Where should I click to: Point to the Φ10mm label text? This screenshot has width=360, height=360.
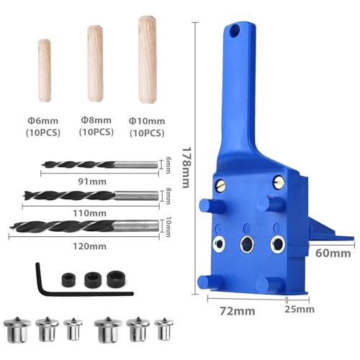click(x=145, y=122)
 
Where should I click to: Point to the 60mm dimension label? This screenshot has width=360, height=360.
click(x=333, y=253)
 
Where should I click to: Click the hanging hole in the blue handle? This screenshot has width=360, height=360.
click(x=235, y=32)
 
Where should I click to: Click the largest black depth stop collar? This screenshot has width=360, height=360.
click(x=114, y=278)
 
